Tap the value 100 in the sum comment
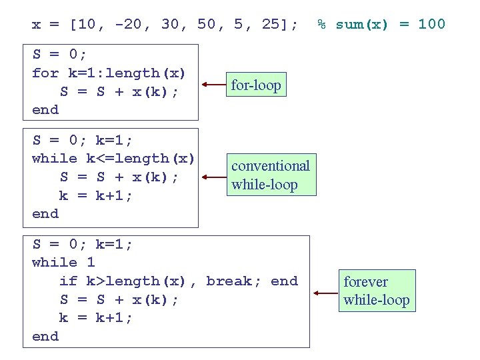431,25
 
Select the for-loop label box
256,85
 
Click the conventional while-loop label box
271,175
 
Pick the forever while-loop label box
376,291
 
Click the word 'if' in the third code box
69,281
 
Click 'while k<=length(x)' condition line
113,159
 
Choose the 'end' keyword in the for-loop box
45,110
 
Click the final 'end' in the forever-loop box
45,337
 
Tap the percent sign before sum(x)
321,25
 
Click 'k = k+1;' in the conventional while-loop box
96,196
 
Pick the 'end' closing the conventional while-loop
45,214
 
